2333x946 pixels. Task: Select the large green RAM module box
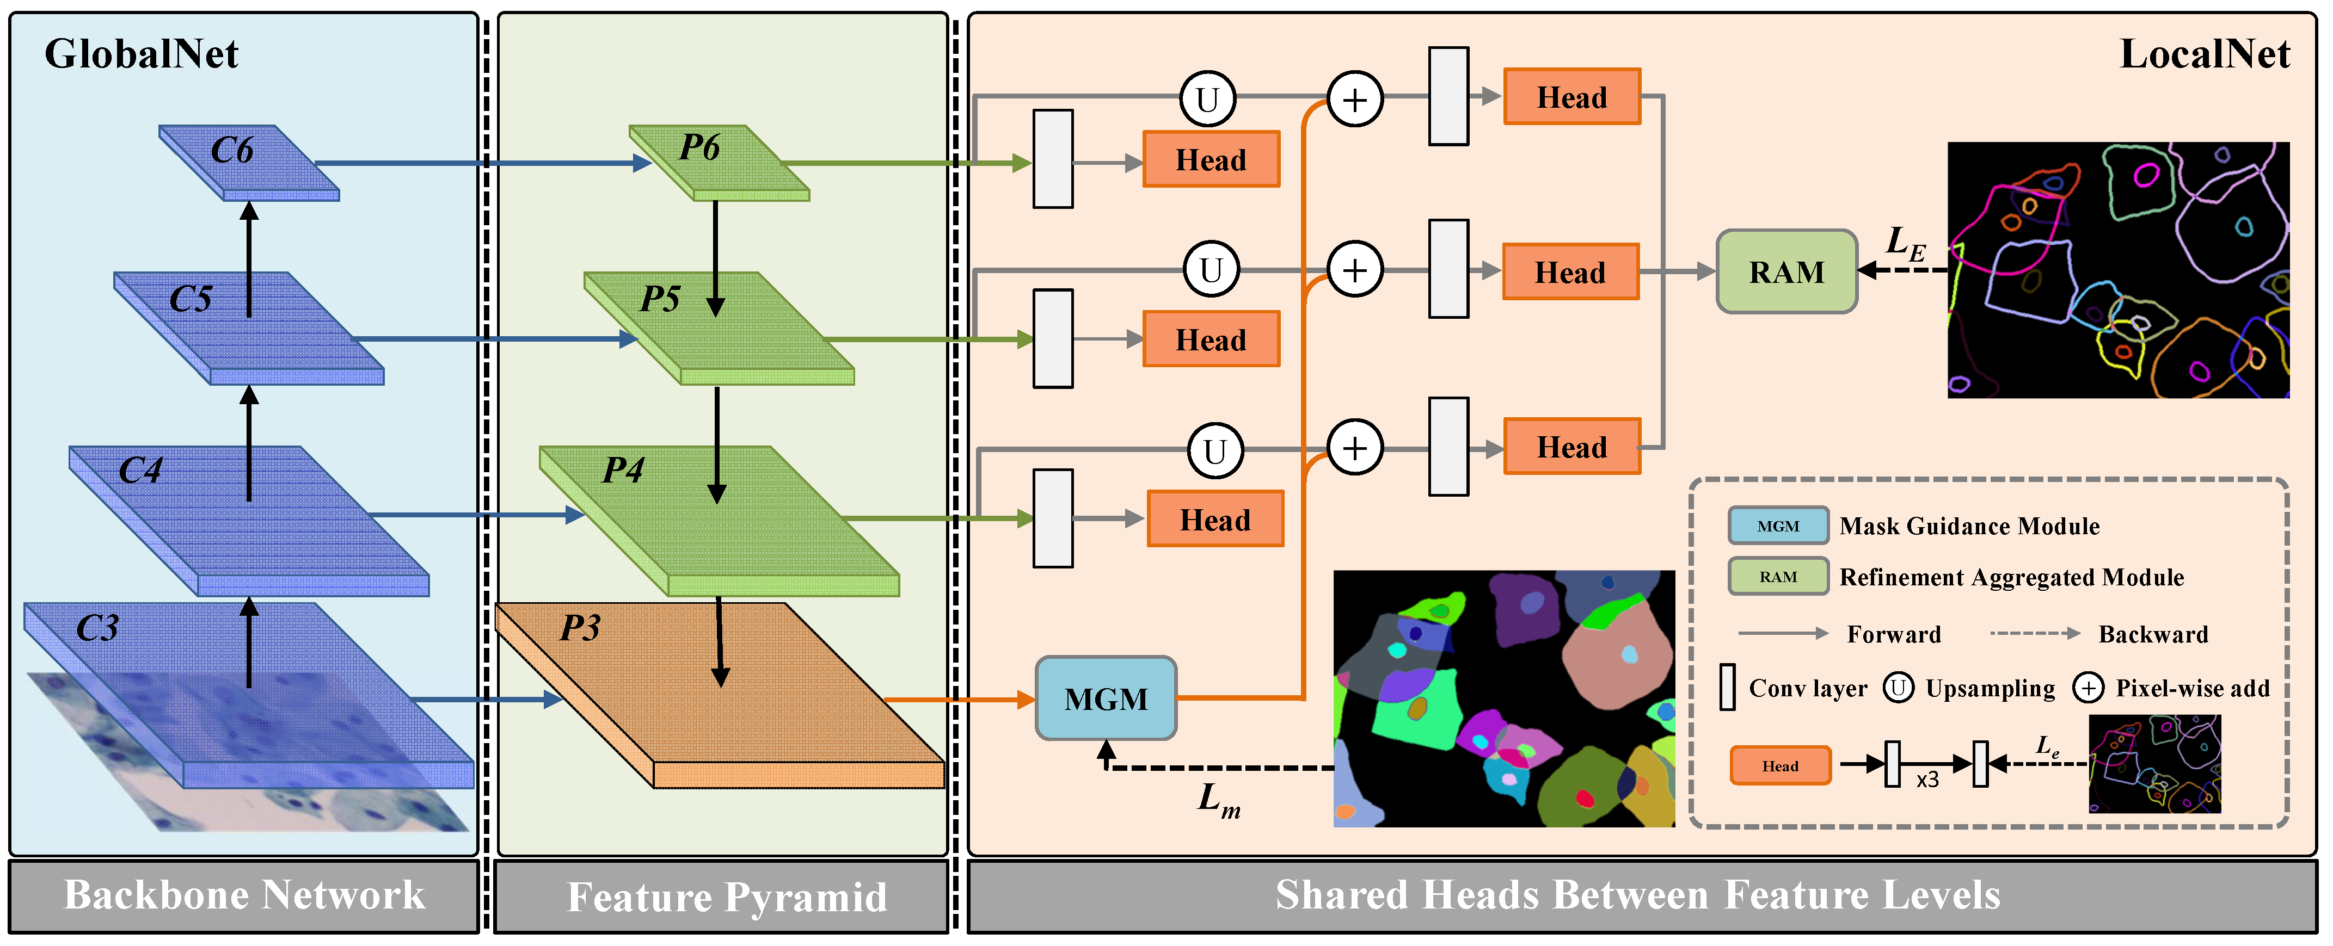(x=1786, y=271)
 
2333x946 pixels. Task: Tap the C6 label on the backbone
(x=232, y=150)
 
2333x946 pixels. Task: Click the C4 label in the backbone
(x=140, y=470)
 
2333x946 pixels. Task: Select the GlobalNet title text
(x=142, y=54)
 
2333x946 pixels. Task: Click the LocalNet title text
(x=2205, y=54)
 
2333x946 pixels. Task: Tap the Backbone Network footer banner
(x=244, y=895)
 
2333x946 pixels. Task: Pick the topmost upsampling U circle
(x=1207, y=98)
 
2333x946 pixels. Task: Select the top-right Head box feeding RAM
(x=1571, y=97)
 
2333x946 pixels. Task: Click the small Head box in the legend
(x=1779, y=766)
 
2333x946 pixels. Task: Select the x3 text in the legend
(x=1927, y=780)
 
